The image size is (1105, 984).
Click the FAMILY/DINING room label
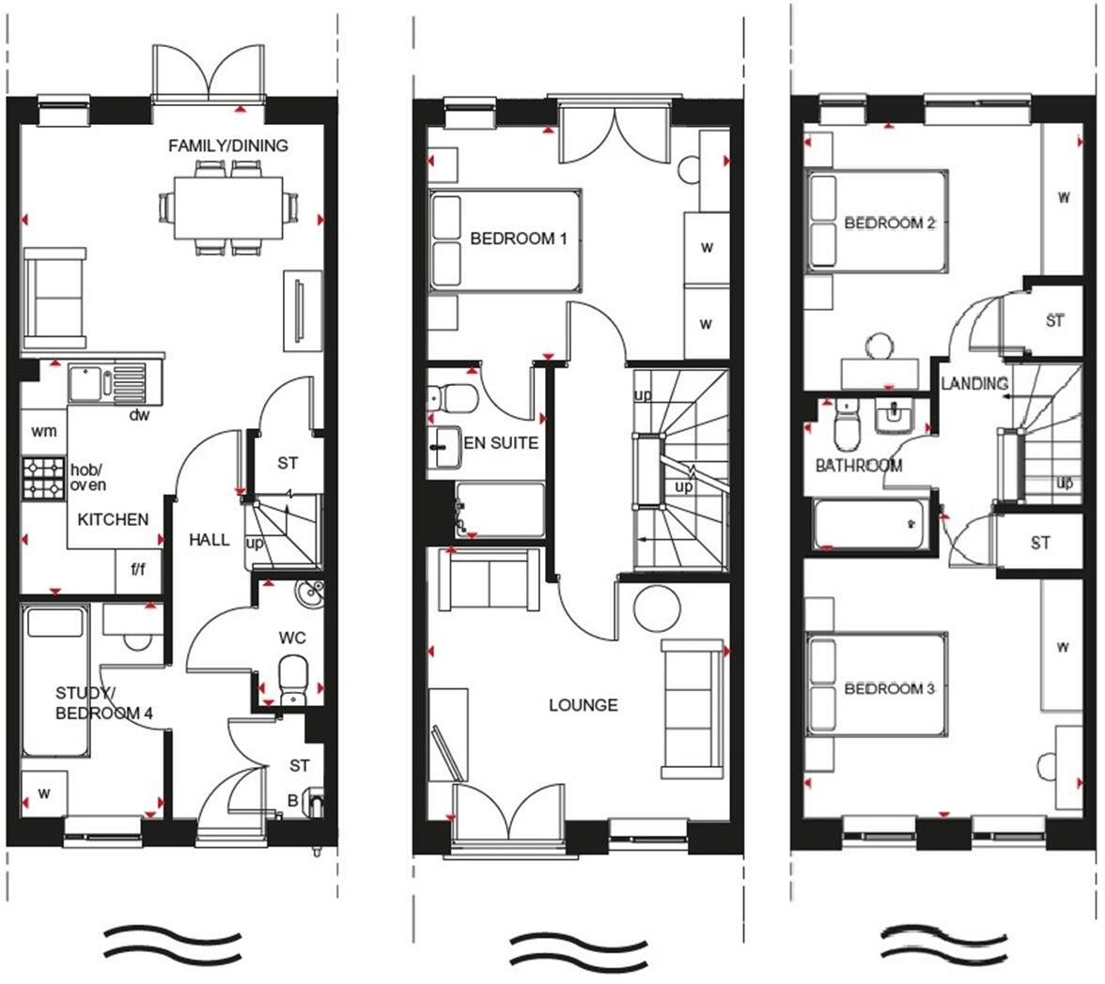[x=227, y=146]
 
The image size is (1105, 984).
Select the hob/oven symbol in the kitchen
[x=43, y=477]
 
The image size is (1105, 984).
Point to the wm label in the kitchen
[x=43, y=431]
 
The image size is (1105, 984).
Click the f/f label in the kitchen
[x=137, y=570]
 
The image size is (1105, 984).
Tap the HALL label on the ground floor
[x=209, y=539]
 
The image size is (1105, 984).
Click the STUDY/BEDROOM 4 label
[x=103, y=702]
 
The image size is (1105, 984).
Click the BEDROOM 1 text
[x=519, y=238]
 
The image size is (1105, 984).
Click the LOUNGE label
[x=583, y=704]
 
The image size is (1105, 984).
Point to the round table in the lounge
[x=657, y=609]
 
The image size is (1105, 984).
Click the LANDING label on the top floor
[x=974, y=383]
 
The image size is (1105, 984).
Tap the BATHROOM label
[x=858, y=465]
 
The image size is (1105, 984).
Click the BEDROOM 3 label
[x=889, y=688]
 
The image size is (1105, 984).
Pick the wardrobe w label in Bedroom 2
[x=1064, y=198]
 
